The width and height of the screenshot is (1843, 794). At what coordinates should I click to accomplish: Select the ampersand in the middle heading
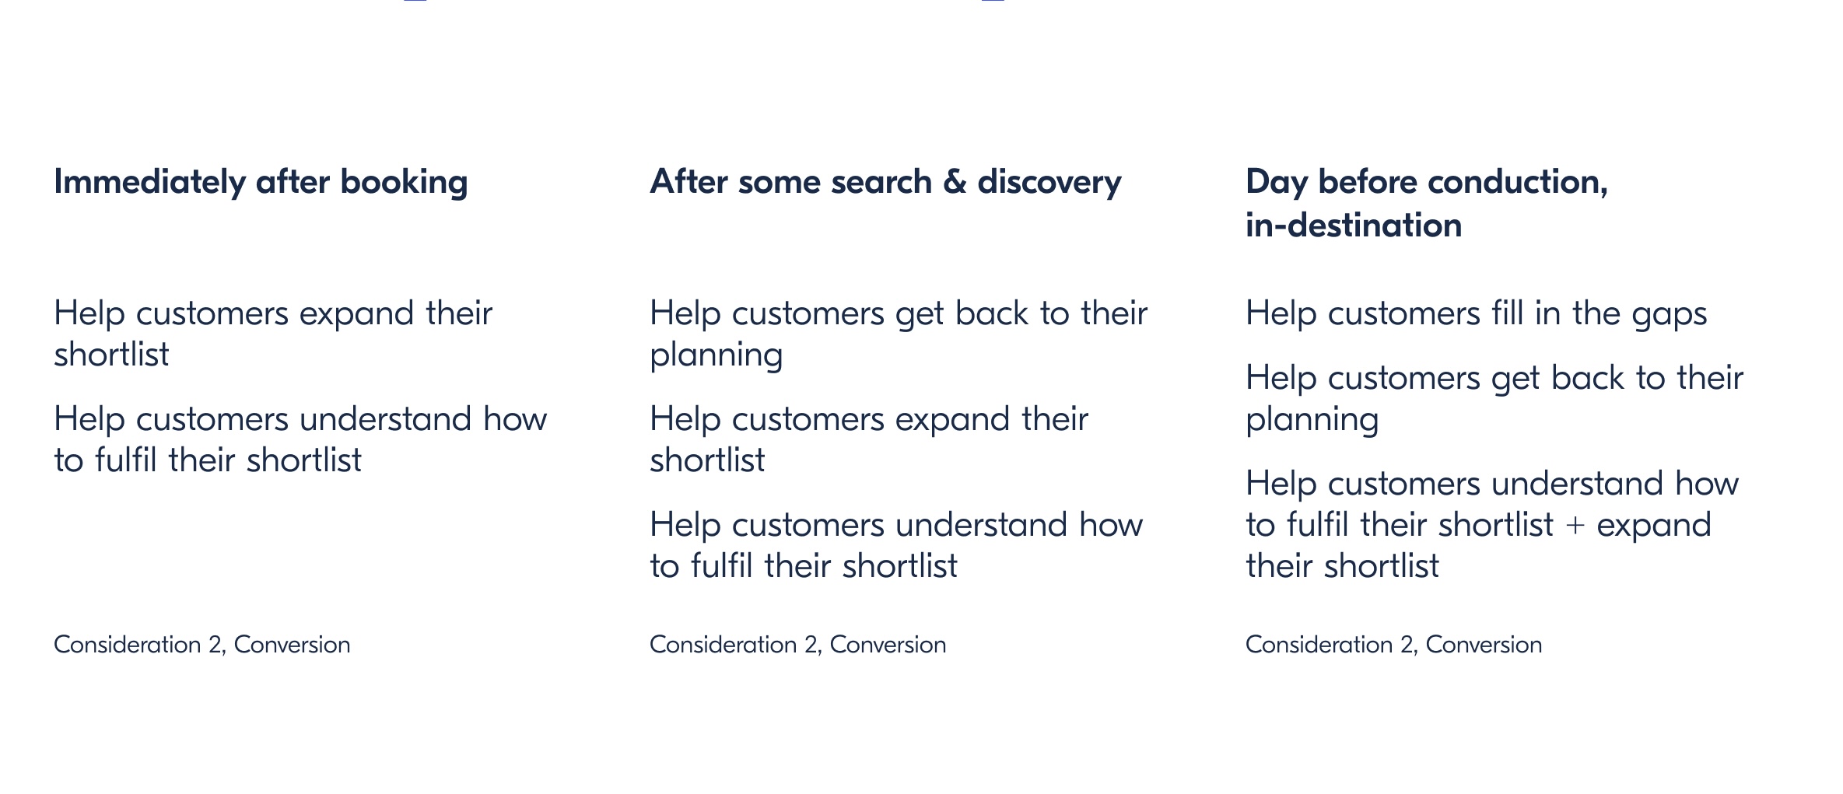pos(955,182)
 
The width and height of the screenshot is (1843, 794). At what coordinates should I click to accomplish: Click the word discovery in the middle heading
pos(1049,182)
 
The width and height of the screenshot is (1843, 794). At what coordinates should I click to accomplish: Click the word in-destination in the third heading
pos(1354,226)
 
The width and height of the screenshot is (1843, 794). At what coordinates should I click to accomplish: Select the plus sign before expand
pos(1575,525)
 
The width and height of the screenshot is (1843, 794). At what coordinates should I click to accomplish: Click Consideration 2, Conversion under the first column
pos(202,645)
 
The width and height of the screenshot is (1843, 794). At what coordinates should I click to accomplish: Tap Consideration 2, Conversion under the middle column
pos(798,645)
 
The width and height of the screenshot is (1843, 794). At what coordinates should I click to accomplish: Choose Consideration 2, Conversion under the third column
pos(1394,645)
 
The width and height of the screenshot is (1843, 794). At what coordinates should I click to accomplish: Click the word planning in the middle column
pos(717,355)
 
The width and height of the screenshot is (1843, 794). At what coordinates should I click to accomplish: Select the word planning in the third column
pos(1312,420)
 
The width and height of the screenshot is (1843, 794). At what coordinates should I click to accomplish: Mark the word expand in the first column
pos(356,314)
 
